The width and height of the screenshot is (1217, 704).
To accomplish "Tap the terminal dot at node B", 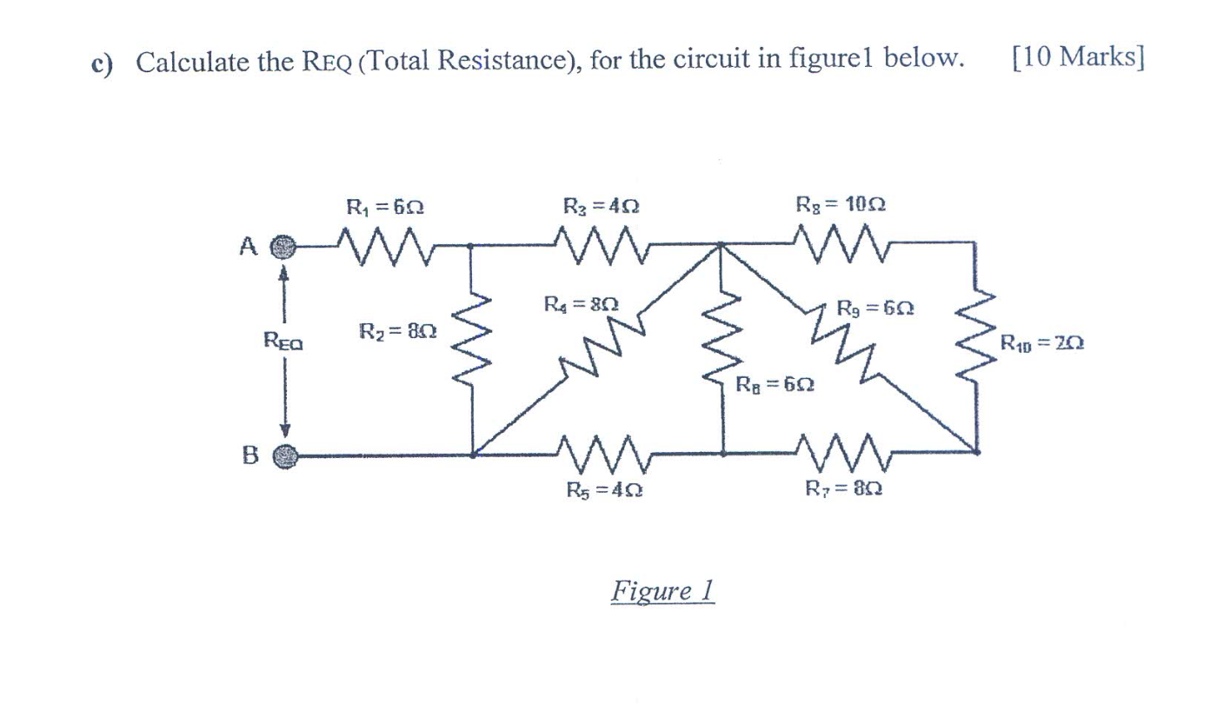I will coord(288,455).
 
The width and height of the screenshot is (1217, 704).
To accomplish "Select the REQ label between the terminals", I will coord(283,342).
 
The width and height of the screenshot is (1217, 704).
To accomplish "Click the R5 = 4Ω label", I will coord(604,489).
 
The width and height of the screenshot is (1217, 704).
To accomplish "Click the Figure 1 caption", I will coord(662,591).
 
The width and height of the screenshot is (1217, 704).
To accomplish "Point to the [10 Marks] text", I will coord(1078,59).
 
